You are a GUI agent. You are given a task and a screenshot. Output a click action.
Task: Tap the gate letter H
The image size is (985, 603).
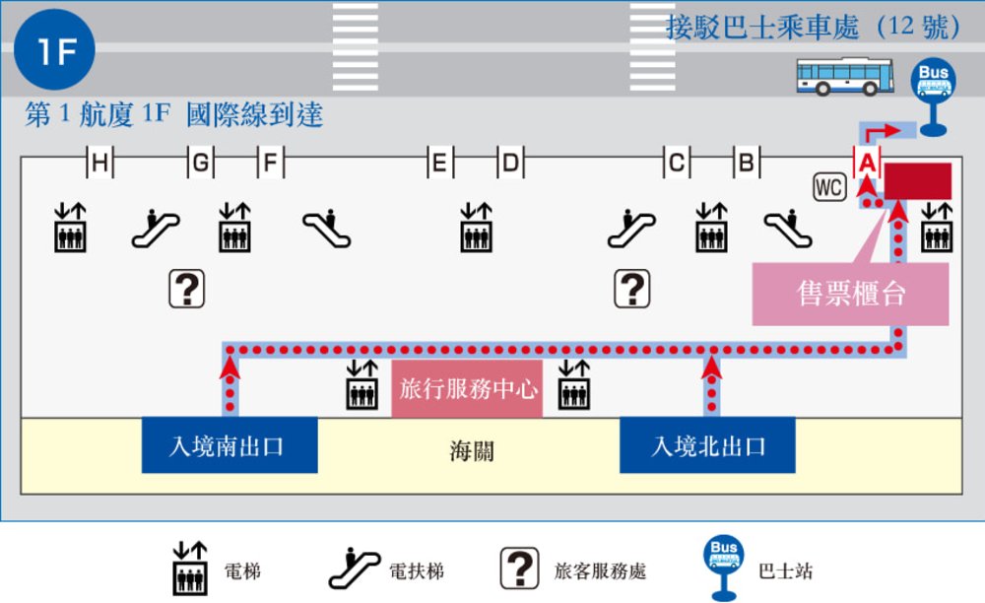99,164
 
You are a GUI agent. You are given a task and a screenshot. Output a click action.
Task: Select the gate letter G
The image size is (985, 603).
200,164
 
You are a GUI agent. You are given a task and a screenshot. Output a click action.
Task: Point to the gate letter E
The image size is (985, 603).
440,164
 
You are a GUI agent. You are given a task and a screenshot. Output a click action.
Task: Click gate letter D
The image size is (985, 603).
510,164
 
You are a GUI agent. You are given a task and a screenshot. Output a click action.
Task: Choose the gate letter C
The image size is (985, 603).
677,164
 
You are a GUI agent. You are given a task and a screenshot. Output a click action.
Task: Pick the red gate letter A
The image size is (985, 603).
867,161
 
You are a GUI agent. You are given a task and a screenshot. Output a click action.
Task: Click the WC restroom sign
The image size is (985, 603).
828,186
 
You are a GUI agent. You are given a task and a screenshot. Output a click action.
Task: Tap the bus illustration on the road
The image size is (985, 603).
844,77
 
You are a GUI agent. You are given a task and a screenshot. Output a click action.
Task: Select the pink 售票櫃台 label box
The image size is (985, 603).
850,294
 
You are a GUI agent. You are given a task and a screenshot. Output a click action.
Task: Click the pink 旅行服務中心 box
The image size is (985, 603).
468,389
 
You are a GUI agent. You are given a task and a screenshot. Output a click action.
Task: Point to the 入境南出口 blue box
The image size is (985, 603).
229,446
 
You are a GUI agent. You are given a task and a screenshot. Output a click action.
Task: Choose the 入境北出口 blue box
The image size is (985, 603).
707,446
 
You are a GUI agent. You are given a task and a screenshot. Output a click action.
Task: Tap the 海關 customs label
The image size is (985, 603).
471,452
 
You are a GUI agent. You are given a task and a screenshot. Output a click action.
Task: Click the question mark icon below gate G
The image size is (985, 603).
187,289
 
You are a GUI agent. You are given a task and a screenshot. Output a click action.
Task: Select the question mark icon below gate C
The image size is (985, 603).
631,289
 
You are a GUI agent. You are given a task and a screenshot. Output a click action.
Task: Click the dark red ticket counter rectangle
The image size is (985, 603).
917,181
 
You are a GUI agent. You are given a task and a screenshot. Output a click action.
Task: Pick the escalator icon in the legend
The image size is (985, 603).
354,569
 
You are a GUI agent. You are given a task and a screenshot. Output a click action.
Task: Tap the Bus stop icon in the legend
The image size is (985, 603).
724,567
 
